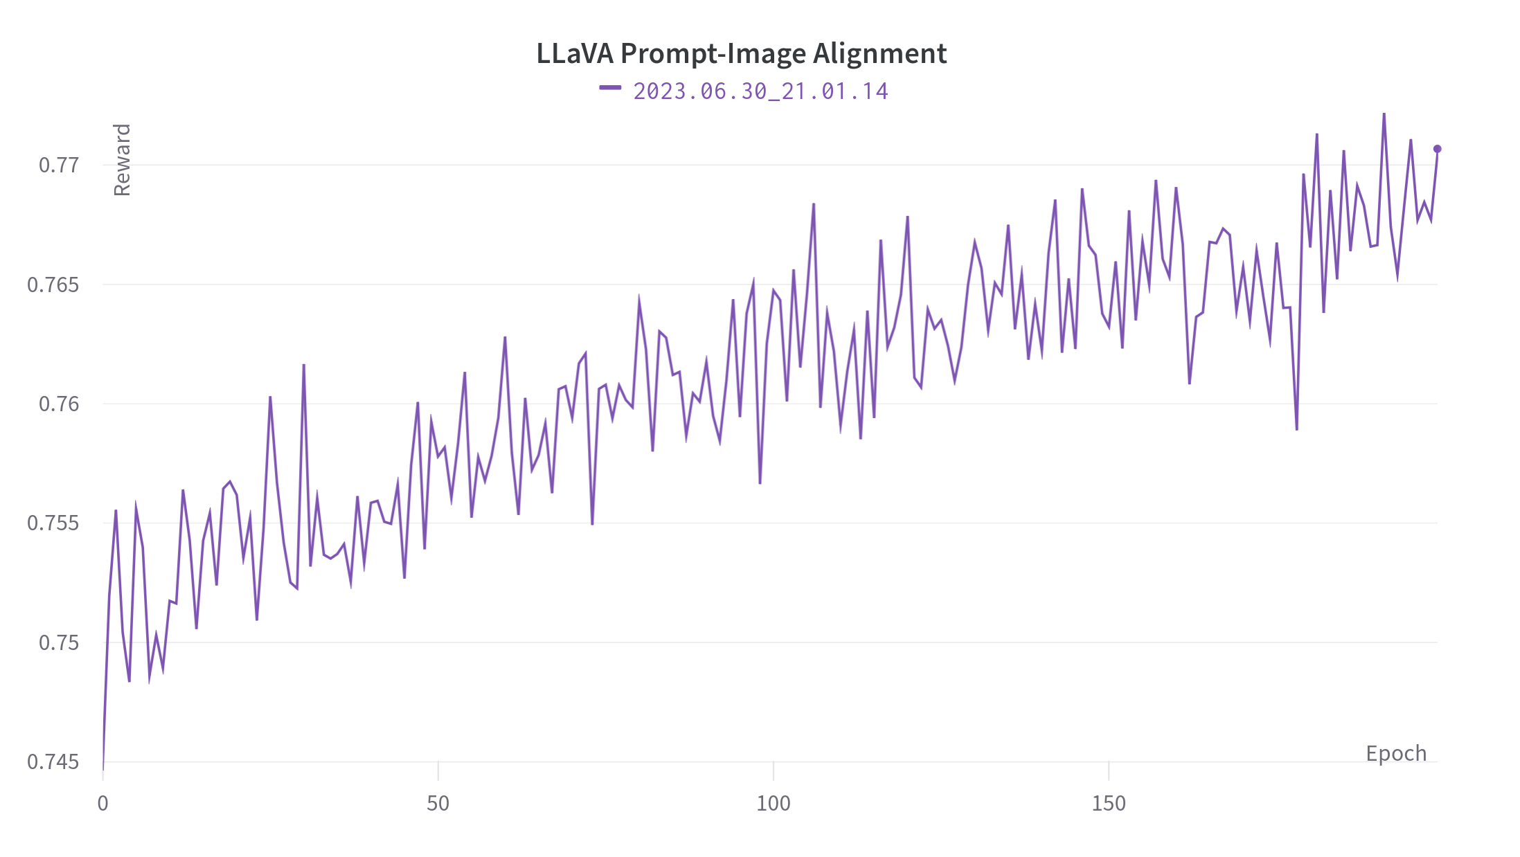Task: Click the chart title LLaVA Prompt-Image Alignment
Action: pyautogui.click(x=741, y=53)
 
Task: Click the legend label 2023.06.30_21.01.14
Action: pyautogui.click(x=760, y=91)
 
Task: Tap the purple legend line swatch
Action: pyautogui.click(x=610, y=87)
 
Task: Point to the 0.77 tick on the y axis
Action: pyautogui.click(x=59, y=165)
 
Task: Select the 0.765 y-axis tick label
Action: pyautogui.click(x=53, y=285)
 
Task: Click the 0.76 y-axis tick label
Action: pyautogui.click(x=59, y=404)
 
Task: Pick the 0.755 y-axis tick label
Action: pyautogui.click(x=53, y=523)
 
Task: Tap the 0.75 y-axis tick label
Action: pyautogui.click(x=59, y=642)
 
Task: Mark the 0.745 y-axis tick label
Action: pyautogui.click(x=53, y=761)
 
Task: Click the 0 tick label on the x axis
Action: pyautogui.click(x=103, y=803)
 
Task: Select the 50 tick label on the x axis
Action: pyautogui.click(x=438, y=803)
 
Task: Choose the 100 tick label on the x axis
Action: pyautogui.click(x=773, y=803)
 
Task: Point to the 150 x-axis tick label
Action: pyautogui.click(x=1109, y=803)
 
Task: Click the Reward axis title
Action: pyautogui.click(x=122, y=160)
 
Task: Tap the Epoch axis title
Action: pyautogui.click(x=1396, y=753)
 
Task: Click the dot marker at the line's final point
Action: pyautogui.click(x=1437, y=149)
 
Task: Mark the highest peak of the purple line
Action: pyautogui.click(x=1384, y=114)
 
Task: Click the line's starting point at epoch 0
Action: pyautogui.click(x=103, y=768)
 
